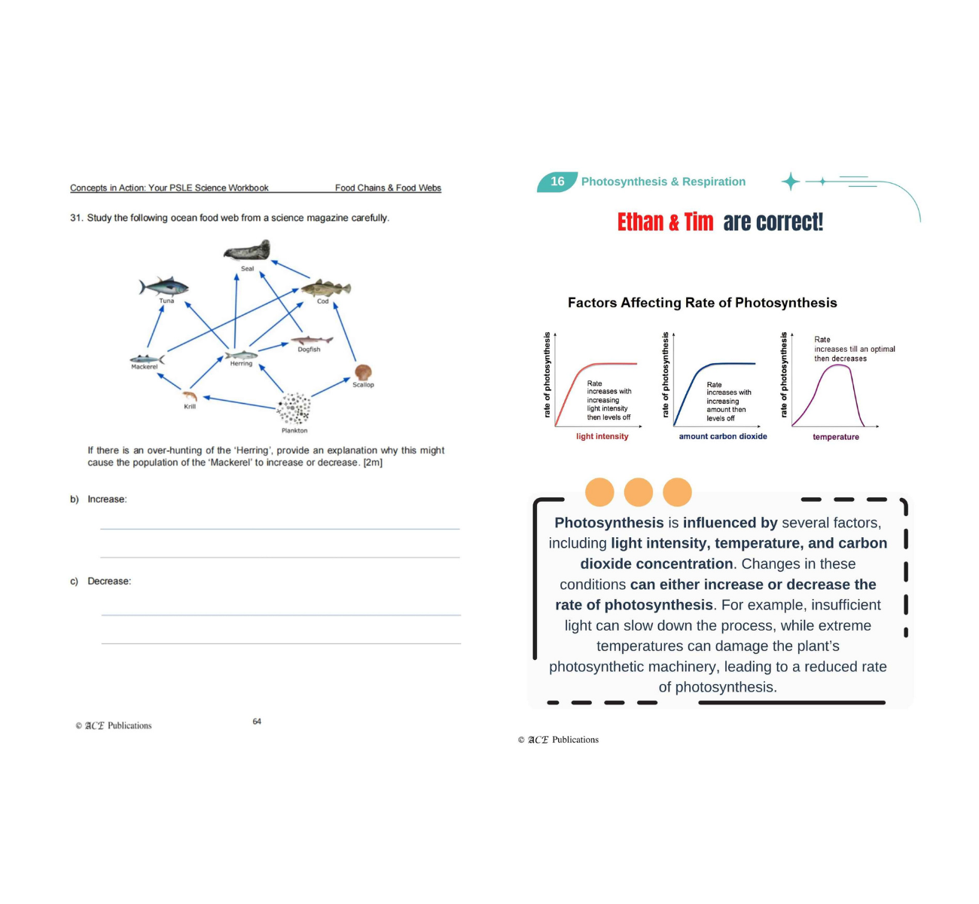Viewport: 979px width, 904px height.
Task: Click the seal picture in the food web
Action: [247, 251]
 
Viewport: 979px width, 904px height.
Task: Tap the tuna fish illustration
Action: [163, 286]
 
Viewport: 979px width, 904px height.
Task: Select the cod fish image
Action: [326, 289]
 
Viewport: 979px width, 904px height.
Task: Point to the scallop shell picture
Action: [363, 372]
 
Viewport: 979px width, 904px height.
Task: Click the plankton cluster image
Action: [294, 409]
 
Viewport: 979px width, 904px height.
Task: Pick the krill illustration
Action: [190, 395]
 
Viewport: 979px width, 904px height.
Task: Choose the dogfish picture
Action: [312, 341]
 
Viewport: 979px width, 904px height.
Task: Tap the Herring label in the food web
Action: [241, 364]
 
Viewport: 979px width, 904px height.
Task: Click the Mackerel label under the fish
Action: [144, 367]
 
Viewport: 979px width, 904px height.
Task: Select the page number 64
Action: [257, 722]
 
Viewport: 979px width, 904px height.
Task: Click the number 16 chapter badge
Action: [557, 182]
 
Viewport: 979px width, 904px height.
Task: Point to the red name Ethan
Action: [640, 222]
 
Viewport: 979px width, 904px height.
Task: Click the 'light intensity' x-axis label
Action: [602, 436]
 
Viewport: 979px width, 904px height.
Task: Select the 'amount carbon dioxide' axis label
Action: [723, 436]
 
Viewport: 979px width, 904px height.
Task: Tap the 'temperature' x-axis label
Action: [835, 437]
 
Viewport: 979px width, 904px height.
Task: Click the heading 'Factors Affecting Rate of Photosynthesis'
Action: [702, 303]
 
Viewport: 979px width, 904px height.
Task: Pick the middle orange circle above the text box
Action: [639, 492]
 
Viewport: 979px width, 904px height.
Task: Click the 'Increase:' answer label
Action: [107, 499]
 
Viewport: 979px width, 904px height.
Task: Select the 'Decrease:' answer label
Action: [109, 582]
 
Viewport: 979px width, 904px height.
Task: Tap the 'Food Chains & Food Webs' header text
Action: [388, 188]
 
